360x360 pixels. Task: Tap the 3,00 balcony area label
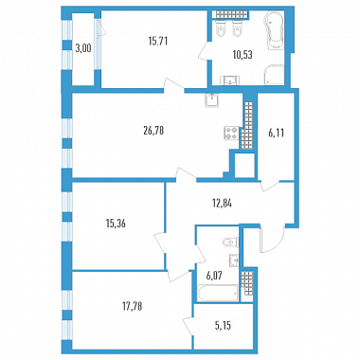[83, 48]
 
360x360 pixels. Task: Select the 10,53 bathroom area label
[243, 55]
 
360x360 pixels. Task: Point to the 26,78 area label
[153, 131]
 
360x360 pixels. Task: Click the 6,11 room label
[277, 134]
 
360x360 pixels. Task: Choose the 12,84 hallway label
[222, 204]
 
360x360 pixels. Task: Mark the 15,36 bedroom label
[116, 224]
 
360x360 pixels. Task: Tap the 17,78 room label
[132, 306]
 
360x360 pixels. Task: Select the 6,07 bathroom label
[214, 276]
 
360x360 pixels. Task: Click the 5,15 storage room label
[223, 325]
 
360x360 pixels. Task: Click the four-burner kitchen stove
[231, 133]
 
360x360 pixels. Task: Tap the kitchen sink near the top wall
[211, 100]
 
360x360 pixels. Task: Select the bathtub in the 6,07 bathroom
[217, 293]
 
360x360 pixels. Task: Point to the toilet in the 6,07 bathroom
[230, 243]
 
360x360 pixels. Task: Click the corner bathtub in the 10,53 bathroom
[274, 30]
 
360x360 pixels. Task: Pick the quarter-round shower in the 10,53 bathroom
[274, 75]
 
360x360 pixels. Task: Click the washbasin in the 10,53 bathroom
[231, 81]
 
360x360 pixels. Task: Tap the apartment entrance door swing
[273, 239]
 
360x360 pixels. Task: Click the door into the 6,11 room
[271, 186]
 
